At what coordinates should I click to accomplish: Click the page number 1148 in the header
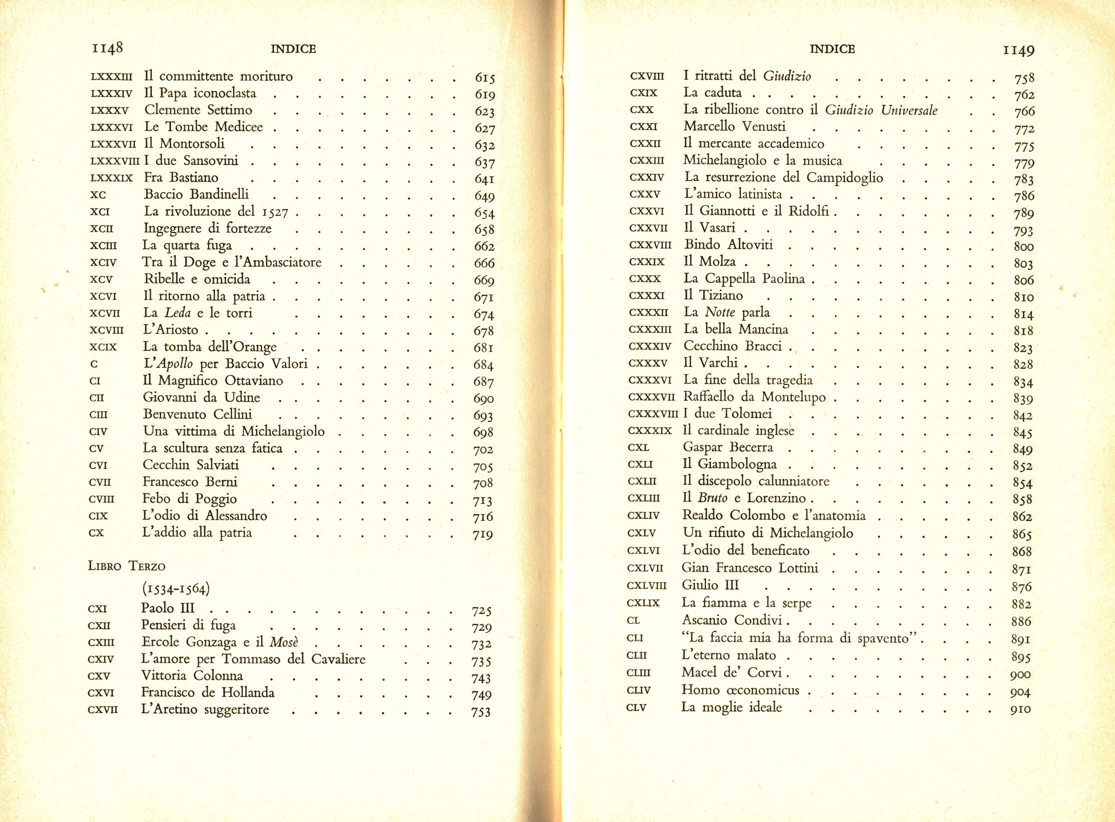click(x=106, y=48)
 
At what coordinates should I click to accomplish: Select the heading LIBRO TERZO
click(x=126, y=566)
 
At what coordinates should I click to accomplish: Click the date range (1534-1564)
click(x=175, y=589)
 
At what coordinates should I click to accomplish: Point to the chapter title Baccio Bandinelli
click(x=196, y=194)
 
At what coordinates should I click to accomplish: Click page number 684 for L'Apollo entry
click(x=483, y=365)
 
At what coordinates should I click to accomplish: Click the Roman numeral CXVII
click(x=103, y=710)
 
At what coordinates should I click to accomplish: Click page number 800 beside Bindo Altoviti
click(x=1023, y=246)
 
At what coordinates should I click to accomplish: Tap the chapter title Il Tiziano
click(x=713, y=295)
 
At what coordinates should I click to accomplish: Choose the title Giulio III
click(x=710, y=585)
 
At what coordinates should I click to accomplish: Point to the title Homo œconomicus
click(x=740, y=690)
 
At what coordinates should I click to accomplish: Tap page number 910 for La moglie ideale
click(x=1020, y=709)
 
